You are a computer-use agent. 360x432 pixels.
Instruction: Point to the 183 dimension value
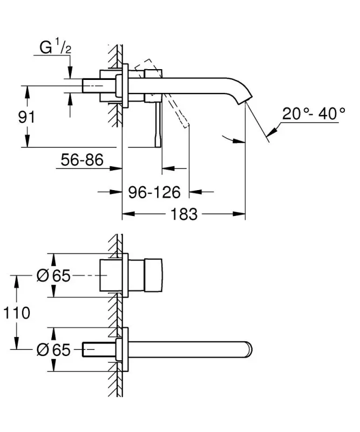(x=184, y=215)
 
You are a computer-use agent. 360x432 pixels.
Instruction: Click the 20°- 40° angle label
(x=314, y=114)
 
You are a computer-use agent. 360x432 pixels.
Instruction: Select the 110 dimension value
(x=16, y=313)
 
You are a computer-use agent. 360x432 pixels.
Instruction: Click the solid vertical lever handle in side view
(x=158, y=124)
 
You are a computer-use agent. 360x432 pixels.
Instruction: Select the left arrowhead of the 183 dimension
(x=126, y=215)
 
